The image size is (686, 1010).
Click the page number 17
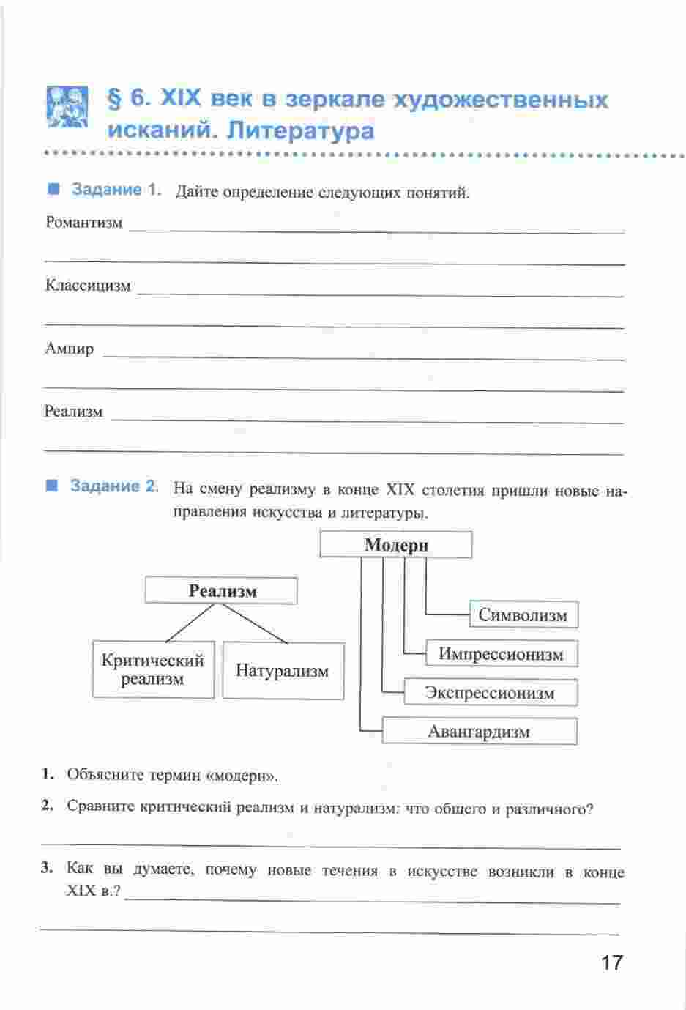(611, 962)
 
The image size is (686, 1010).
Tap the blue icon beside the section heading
(67, 108)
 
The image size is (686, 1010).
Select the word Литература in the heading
(301, 131)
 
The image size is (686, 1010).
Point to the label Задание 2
(114, 486)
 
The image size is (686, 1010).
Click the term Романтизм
(83, 223)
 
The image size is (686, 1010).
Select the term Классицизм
(88, 286)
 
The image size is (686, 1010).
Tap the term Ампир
(70, 349)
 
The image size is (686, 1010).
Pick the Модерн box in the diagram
(396, 545)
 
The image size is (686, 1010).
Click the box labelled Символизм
(523, 615)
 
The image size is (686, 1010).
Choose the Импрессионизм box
(502, 654)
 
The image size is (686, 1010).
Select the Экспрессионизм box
(490, 693)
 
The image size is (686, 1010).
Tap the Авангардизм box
(479, 732)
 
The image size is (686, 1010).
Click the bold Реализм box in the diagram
(222, 591)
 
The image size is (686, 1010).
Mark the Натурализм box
(283, 671)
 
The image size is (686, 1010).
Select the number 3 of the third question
(47, 869)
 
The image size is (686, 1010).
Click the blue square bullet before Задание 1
(53, 190)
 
